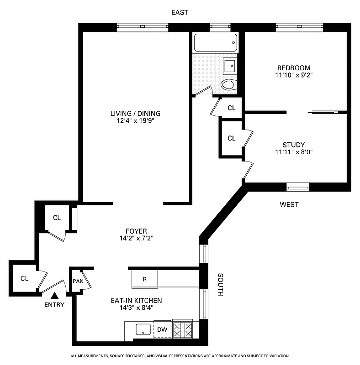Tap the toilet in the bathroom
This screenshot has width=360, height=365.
coord(228,85)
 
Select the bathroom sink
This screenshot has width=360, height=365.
coord(230,66)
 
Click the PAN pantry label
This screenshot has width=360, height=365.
coord(78,281)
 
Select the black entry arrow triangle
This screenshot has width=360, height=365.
coord(54,296)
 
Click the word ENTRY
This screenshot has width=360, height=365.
coord(54,305)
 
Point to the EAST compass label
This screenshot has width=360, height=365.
coord(180,12)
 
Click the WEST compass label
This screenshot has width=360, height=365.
coord(289,205)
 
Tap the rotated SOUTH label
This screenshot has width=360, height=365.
coord(220,285)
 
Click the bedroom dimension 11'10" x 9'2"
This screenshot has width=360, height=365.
coord(293,75)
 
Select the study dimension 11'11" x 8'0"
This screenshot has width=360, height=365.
coord(293,152)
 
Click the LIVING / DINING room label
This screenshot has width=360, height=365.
coord(135,113)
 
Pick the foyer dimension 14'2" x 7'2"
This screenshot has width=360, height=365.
coord(136,238)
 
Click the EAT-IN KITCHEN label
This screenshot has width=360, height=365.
coord(136,301)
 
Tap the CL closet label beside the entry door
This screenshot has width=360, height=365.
coord(24,278)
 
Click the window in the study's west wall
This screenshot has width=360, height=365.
coord(297,186)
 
